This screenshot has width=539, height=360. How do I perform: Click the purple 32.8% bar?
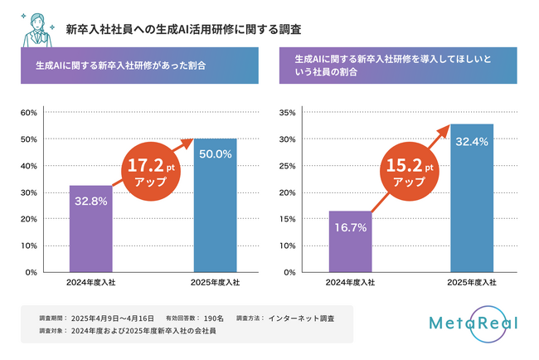point(90,229)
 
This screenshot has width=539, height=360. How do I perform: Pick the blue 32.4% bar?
point(472,198)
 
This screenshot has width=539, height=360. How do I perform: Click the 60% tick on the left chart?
point(28,112)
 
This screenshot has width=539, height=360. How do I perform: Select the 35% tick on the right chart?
point(286,112)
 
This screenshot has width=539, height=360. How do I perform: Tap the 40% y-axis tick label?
point(28,166)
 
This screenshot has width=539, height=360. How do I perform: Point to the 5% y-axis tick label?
point(289,246)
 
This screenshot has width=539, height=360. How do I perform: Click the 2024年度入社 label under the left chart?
point(90,283)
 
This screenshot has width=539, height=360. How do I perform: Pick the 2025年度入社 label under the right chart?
point(472,283)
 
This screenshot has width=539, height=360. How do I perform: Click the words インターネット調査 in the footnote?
point(302,318)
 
